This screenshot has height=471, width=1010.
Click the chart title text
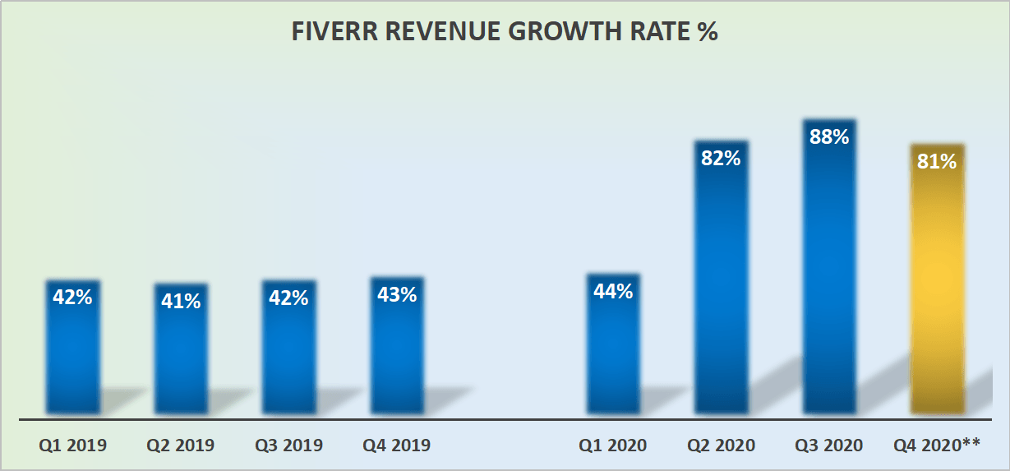point(505,32)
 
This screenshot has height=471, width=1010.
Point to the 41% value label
point(181,302)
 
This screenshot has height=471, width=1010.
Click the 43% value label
point(397,294)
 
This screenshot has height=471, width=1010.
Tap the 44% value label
point(613,291)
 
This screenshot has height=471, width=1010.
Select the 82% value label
point(721,159)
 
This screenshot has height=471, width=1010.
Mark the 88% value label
point(829,137)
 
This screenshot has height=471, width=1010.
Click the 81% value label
point(937,162)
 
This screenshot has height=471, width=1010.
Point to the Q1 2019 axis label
point(73,446)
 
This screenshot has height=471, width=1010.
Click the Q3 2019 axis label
point(288,446)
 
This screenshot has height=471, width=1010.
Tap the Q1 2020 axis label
point(613,446)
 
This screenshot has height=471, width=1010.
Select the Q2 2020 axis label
point(721,446)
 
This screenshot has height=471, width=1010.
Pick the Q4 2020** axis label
point(937,446)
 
